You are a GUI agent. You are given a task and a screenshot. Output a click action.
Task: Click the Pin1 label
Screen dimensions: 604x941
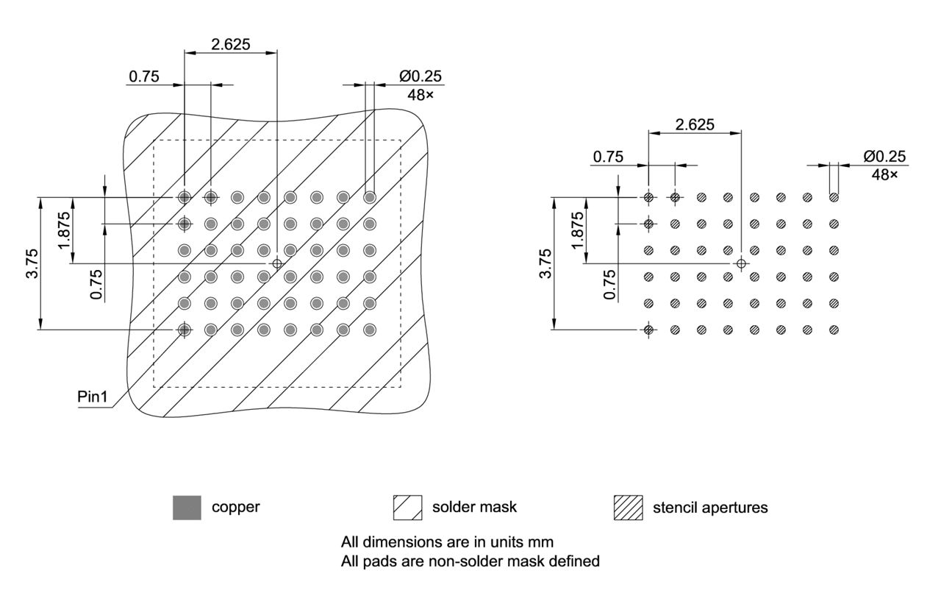(x=93, y=397)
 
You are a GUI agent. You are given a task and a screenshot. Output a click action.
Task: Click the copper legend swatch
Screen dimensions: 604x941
(x=187, y=508)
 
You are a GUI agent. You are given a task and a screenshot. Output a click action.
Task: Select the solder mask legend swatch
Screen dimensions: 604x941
(x=407, y=508)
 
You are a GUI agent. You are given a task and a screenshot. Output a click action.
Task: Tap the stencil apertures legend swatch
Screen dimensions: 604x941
(x=628, y=508)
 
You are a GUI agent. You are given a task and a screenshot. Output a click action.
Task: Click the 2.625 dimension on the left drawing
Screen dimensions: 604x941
(x=230, y=44)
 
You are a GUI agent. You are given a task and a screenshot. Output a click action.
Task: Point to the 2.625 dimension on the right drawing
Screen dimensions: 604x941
(x=695, y=124)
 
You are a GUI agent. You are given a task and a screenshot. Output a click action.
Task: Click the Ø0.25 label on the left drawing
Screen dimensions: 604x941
(x=421, y=77)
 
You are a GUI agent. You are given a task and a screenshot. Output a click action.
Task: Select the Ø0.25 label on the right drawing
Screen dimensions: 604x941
(x=885, y=157)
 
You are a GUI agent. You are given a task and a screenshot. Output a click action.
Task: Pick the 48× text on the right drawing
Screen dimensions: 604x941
(x=885, y=174)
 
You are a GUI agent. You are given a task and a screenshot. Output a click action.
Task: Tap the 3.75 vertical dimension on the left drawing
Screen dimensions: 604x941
(x=30, y=263)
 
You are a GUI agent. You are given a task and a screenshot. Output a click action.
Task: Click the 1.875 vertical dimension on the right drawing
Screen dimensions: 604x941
(x=578, y=230)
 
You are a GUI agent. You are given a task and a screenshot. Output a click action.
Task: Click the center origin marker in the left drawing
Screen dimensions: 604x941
(x=277, y=263)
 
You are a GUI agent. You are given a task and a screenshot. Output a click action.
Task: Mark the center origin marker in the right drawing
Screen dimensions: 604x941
(x=741, y=263)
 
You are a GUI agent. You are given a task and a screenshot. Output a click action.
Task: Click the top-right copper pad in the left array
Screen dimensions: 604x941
(x=370, y=197)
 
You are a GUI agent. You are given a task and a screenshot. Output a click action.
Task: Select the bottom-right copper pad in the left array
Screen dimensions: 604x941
(x=370, y=330)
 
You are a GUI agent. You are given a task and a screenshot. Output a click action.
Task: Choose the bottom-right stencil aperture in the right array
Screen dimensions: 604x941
(x=834, y=330)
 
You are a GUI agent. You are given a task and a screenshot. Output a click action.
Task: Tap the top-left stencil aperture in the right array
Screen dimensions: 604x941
(x=648, y=197)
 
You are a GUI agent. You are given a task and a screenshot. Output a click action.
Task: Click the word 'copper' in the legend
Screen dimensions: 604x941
(x=235, y=508)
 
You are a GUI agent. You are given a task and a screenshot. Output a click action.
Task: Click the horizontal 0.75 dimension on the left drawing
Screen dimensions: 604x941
(x=144, y=77)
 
